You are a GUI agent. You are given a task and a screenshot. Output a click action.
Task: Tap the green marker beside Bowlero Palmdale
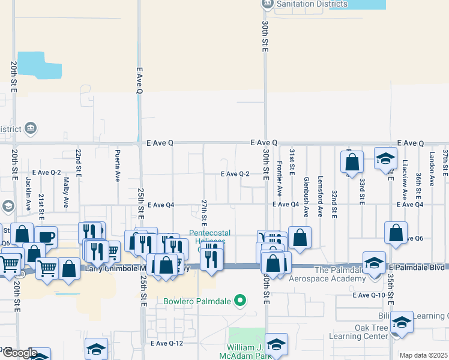pyautogui.click(x=241, y=300)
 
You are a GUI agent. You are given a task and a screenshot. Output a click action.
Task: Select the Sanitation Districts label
pyautogui.click(x=312, y=4)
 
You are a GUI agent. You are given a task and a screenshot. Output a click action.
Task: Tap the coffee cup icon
pyautogui.click(x=46, y=236)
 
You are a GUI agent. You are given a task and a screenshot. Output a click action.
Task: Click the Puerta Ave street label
pyautogui.click(x=118, y=166)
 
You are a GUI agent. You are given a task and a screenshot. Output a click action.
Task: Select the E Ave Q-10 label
pyautogui.click(x=369, y=295)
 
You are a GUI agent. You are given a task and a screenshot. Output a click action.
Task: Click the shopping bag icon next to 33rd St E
pyautogui.click(x=352, y=161)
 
